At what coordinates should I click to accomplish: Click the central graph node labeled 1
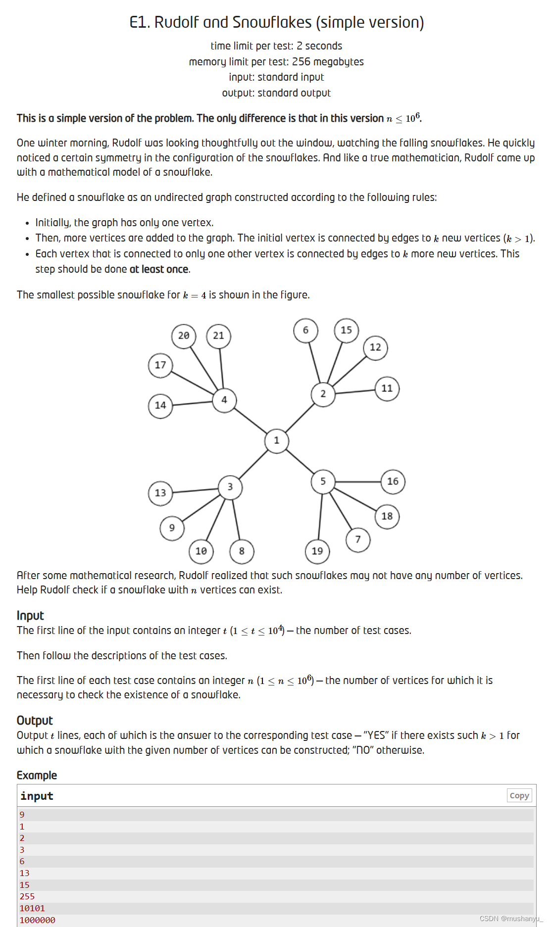coord(276,440)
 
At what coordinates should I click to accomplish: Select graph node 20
coord(184,336)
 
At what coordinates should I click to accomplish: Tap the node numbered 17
coord(160,365)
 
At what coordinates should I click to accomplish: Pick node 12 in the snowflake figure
coord(375,347)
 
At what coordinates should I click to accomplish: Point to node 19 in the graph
coord(317,551)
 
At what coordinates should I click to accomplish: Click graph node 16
coord(393,482)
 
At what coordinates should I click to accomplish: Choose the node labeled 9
coord(172,528)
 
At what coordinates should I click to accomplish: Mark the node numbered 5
coord(323,482)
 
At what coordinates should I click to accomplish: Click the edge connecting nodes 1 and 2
coord(300,418)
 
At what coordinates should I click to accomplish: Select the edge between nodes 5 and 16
coord(357,482)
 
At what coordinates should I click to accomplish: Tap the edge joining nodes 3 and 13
coord(195,490)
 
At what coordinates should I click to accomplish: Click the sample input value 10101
coord(32,908)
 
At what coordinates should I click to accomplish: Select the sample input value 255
coord(27,896)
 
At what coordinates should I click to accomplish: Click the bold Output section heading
coord(35,720)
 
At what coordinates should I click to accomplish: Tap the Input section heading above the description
coord(30,615)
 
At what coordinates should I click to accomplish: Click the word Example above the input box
coord(37,775)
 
